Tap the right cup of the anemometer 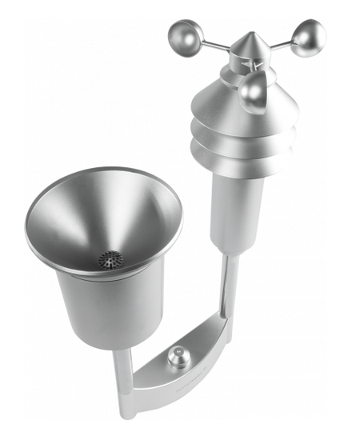tap(307, 38)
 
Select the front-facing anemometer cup tap(254, 89)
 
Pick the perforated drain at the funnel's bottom tap(110, 258)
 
